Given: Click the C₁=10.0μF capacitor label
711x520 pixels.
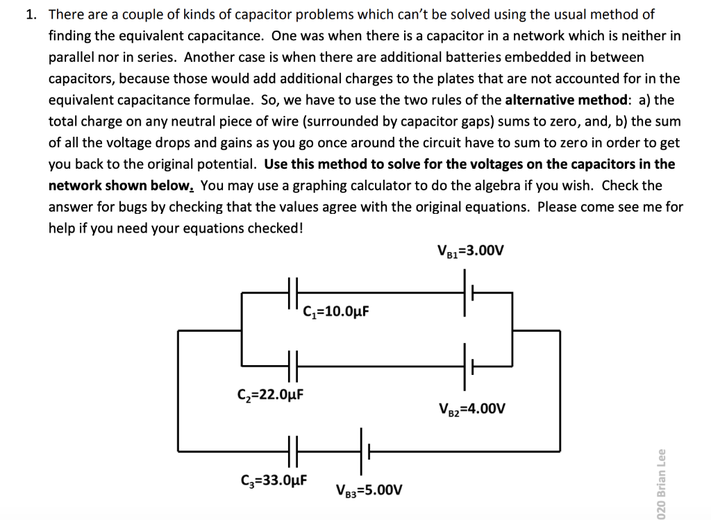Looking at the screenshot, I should click(336, 310).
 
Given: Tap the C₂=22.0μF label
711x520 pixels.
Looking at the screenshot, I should click(271, 396).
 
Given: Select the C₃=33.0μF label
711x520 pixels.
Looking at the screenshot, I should click(274, 478).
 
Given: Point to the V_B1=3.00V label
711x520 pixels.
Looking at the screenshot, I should click(469, 250).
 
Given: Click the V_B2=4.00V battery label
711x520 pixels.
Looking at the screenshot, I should click(472, 408).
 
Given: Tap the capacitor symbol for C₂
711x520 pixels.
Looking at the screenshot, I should click(293, 364).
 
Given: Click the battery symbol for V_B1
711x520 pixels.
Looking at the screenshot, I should click(468, 293).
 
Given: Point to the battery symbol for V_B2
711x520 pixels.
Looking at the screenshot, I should click(468, 364).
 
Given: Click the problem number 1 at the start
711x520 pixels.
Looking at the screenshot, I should click(31, 14).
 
